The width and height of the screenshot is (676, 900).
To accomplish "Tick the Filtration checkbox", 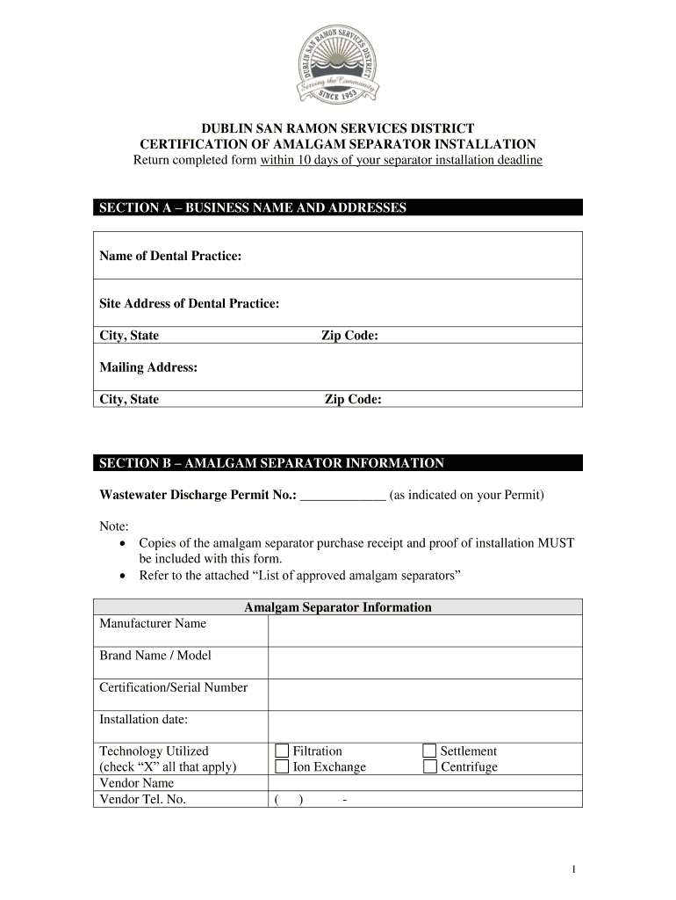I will [x=282, y=751].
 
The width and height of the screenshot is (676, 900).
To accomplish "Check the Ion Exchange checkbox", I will [x=282, y=766].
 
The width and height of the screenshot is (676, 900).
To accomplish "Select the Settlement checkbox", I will [x=429, y=751].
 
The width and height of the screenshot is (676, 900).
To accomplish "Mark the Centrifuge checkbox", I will [x=429, y=766].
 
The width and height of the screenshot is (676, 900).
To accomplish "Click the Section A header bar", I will [x=338, y=207].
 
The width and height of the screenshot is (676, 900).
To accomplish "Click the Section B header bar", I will [x=338, y=463].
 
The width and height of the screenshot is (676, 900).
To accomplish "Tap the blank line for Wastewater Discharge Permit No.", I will [x=342, y=495].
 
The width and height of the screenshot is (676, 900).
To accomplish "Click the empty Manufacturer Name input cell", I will [x=424, y=630].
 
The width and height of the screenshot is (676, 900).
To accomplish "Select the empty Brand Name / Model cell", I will [x=424, y=662].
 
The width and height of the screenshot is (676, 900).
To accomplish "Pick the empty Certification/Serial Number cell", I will [x=424, y=694].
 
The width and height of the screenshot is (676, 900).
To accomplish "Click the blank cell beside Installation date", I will [x=424, y=726].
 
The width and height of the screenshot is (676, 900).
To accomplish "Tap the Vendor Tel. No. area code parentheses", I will [x=288, y=800].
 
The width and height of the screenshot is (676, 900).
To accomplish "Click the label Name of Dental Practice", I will [x=170, y=256].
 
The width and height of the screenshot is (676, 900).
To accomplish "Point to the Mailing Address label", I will [x=148, y=367].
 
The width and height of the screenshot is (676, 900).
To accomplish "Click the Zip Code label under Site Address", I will [x=349, y=336].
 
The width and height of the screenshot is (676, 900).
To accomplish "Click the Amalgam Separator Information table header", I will [x=338, y=607].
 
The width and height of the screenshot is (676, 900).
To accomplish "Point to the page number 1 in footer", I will [x=572, y=869].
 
